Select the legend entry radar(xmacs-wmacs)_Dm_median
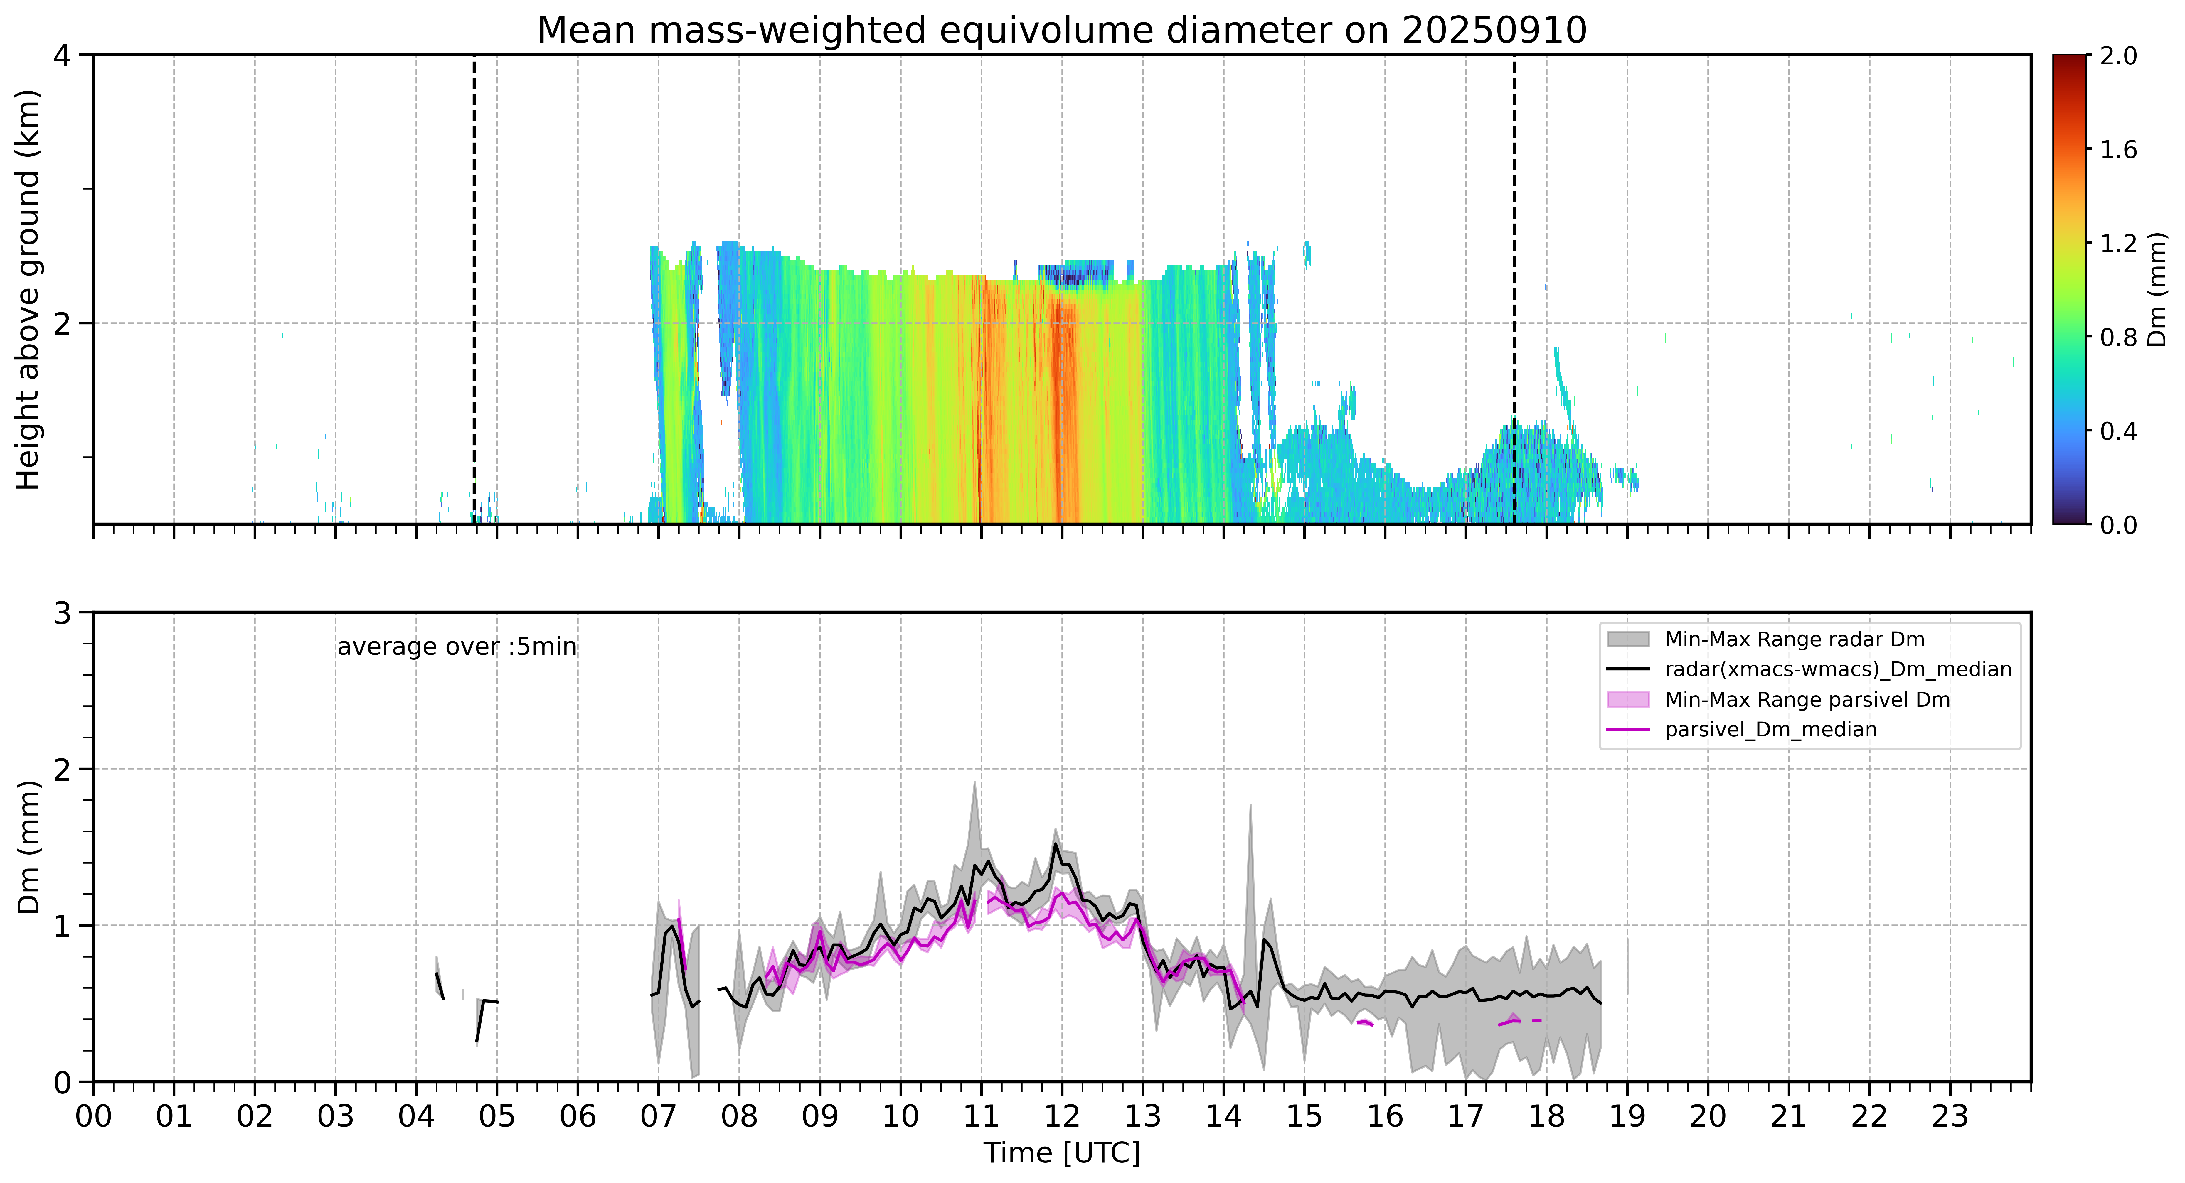click(x=1809, y=669)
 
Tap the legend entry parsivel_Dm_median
click(x=1741, y=729)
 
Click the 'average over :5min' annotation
click(x=456, y=647)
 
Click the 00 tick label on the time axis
click(x=93, y=1116)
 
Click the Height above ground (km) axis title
click(x=28, y=289)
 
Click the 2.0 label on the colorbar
click(x=2118, y=56)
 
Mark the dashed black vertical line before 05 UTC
click(x=473, y=289)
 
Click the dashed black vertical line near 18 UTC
click(x=1514, y=289)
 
